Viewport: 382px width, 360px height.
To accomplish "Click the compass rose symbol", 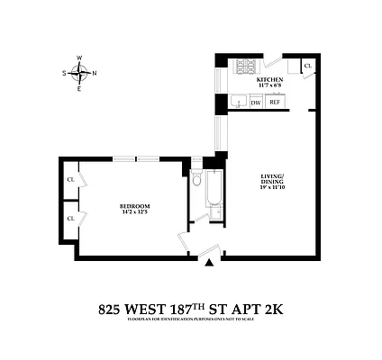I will pos(80,74).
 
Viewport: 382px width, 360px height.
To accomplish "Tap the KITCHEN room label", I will pos(270,80).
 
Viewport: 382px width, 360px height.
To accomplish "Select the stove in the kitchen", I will pos(245,67).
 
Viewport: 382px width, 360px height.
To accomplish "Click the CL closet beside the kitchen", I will pos(308,66).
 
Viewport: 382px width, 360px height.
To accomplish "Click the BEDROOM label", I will pos(134,207).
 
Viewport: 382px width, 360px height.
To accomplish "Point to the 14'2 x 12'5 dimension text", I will pos(134,214).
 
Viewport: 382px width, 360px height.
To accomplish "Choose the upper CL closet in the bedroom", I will pos(70,179).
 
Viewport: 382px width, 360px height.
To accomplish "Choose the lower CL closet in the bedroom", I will pos(70,218).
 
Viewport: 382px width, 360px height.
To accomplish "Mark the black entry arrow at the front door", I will pos(210,263).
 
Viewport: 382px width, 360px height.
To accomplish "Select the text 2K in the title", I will pos(272,309).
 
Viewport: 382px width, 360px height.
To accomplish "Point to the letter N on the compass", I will pos(95,74).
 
